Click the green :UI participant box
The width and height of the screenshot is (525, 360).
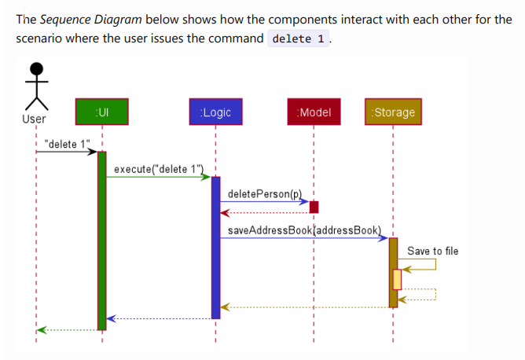coord(101,112)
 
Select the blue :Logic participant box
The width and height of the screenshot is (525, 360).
coord(215,112)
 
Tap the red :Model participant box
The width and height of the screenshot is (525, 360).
coord(314,112)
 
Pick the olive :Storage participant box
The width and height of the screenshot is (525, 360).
coord(393,112)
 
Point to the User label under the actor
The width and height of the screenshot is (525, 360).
coord(34,119)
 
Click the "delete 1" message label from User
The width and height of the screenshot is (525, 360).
coord(68,144)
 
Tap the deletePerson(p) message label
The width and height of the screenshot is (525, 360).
coord(264,193)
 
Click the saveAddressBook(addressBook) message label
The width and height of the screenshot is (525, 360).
coord(304,230)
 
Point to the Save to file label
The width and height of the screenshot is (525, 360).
coord(432,252)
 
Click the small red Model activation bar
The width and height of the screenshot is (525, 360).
coord(314,207)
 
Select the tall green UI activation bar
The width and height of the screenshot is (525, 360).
coord(101,240)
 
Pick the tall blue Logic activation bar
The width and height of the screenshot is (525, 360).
coord(215,248)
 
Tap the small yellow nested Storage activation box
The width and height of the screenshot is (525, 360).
coord(397,279)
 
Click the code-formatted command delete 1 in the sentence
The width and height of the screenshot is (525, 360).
coord(299,39)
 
